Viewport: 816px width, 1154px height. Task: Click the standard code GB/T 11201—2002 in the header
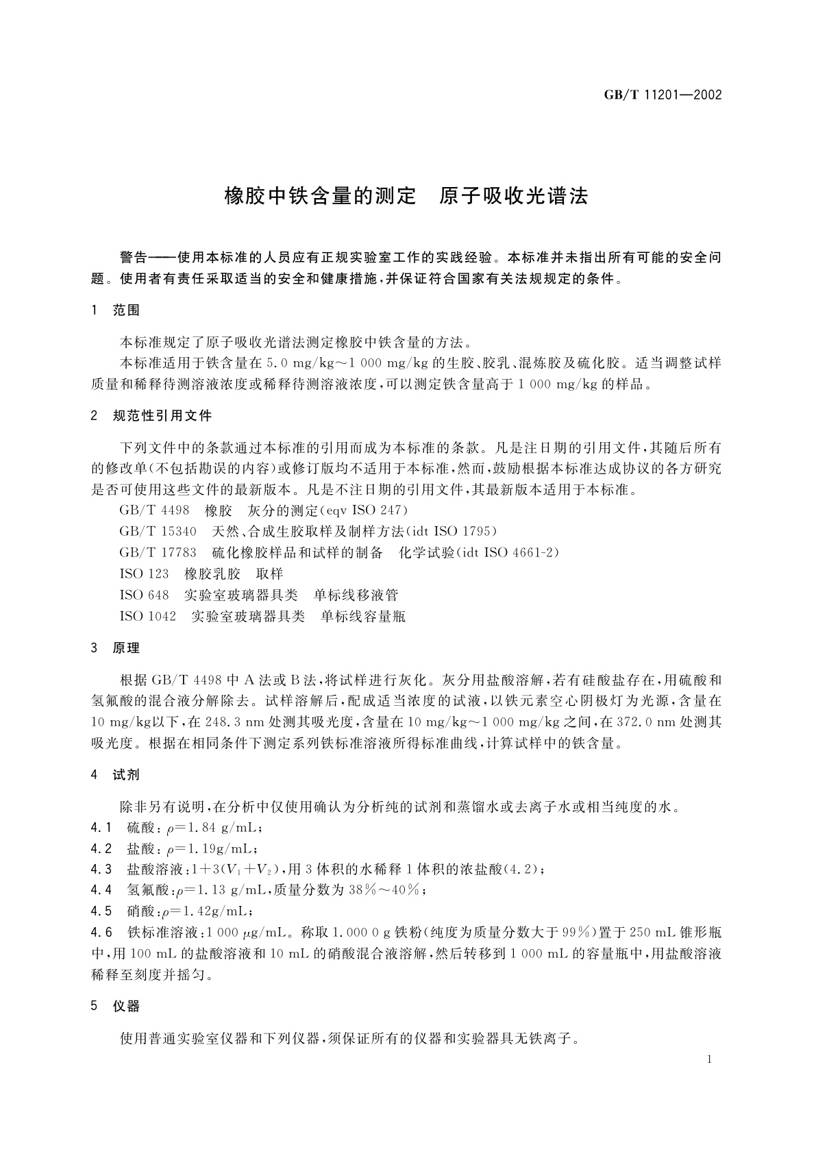663,95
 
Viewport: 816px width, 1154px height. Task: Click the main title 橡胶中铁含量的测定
321,197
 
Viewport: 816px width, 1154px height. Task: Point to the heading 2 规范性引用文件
151,416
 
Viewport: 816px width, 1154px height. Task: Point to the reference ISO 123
144,574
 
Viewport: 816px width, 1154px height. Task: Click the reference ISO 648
144,596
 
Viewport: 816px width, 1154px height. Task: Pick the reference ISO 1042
147,617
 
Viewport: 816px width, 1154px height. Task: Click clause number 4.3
101,870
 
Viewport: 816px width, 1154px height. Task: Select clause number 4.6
101,933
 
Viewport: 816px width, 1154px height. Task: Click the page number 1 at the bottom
709,1059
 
